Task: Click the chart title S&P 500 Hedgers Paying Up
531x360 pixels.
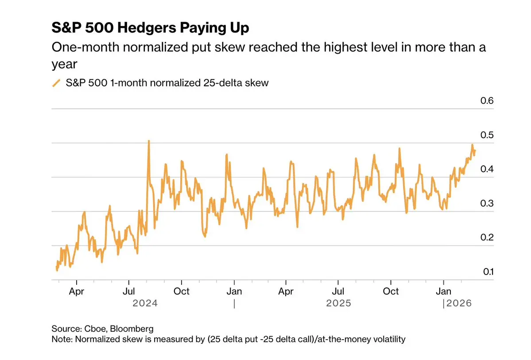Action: click(x=150, y=28)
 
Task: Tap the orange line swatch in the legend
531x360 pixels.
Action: click(x=56, y=83)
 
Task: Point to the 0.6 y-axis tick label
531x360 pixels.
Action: click(x=487, y=101)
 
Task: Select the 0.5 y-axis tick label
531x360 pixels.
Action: click(x=487, y=135)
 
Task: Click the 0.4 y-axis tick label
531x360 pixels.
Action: click(x=487, y=169)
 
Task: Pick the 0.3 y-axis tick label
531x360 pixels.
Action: click(x=487, y=203)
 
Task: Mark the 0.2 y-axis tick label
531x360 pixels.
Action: click(x=487, y=237)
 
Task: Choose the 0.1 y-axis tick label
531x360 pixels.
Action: click(x=487, y=271)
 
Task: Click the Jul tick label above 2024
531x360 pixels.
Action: click(x=129, y=291)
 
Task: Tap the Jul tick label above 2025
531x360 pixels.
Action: click(x=338, y=291)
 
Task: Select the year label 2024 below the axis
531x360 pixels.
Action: click(x=145, y=303)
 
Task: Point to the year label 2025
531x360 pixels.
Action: click(x=338, y=303)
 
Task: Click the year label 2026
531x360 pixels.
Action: click(x=459, y=303)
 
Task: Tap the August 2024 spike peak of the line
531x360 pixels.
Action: click(x=149, y=141)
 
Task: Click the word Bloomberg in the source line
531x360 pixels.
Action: click(x=132, y=329)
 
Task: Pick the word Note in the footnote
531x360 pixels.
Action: click(x=61, y=340)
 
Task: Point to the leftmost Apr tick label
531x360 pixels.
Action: click(x=77, y=291)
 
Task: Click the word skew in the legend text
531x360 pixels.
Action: click(x=257, y=83)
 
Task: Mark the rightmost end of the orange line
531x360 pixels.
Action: click(x=475, y=151)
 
